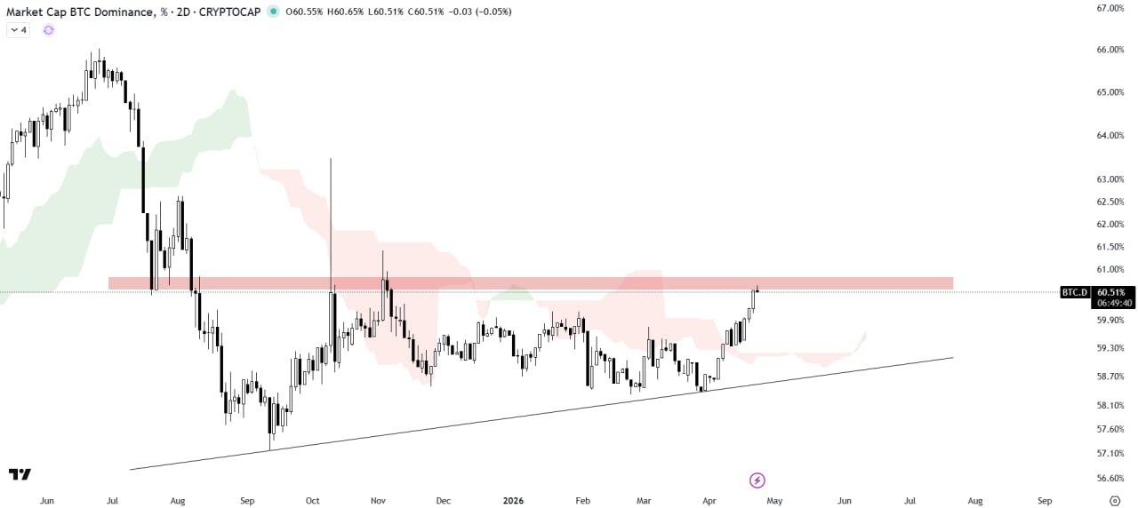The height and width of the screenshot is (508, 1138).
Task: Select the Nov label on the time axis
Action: [x=378, y=501]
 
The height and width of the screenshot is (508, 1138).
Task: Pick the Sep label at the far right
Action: [x=1045, y=501]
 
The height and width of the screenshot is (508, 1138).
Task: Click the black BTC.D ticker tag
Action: [x=1074, y=291]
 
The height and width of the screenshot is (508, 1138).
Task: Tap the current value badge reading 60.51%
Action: [x=1110, y=291]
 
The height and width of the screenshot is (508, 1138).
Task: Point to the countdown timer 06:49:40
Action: [x=1110, y=302]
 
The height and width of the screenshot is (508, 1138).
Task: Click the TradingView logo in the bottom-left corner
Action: [x=20, y=474]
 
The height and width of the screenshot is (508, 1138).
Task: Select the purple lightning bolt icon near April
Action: [x=757, y=480]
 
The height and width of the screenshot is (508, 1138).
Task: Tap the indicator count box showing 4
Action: [x=19, y=29]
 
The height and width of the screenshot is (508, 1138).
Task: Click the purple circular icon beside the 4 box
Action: [x=48, y=29]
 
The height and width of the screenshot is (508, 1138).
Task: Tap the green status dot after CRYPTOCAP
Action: [x=272, y=12]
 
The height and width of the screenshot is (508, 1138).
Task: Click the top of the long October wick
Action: [x=331, y=159]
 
